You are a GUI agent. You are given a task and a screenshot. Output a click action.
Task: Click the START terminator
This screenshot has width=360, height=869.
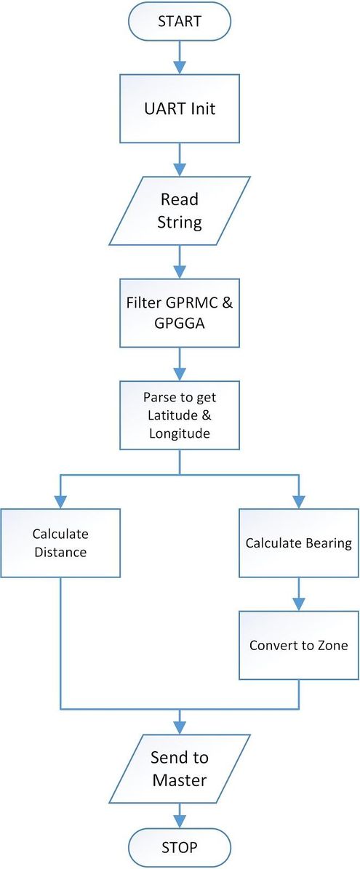tap(180, 22)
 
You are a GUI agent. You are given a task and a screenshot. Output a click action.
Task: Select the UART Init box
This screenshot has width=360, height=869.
tap(180, 108)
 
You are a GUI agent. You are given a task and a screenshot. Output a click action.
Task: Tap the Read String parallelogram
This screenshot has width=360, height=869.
tap(180, 211)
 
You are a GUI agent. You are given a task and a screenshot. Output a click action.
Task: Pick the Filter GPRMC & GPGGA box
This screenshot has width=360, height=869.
tap(180, 313)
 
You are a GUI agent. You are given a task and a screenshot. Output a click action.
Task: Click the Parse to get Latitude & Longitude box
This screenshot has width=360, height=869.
tap(180, 415)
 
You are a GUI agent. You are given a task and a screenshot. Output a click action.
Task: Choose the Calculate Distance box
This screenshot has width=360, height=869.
tap(60, 543)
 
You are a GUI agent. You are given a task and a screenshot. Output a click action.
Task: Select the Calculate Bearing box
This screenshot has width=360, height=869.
tap(299, 543)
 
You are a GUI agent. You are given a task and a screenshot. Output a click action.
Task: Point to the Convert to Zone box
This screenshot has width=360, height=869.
tap(299, 645)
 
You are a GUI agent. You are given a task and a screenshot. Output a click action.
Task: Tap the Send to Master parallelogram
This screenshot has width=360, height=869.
tap(180, 769)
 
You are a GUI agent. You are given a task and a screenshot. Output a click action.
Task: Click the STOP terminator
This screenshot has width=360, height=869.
tap(180, 847)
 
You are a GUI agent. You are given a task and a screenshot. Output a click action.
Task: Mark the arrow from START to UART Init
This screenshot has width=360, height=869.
tap(180, 57)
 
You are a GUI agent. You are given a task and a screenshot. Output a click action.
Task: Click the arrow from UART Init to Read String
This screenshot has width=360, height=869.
tap(180, 159)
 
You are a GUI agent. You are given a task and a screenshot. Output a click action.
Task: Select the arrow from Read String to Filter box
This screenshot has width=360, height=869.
tap(180, 262)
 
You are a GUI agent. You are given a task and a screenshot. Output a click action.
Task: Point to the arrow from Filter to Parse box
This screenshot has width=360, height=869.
tap(180, 364)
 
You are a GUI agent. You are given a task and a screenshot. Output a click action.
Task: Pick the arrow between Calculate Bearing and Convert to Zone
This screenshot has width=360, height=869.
tap(299, 594)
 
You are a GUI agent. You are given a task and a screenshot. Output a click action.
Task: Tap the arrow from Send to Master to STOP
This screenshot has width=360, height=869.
tap(180, 816)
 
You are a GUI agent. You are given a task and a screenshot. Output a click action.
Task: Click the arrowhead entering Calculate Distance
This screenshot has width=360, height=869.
tap(60, 502)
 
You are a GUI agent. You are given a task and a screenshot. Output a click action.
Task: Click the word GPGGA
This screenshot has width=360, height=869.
tap(180, 324)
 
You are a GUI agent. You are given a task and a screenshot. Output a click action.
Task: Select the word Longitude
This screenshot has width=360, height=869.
tap(180, 433)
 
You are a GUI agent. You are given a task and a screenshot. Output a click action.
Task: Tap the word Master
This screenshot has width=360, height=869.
tap(180, 780)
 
